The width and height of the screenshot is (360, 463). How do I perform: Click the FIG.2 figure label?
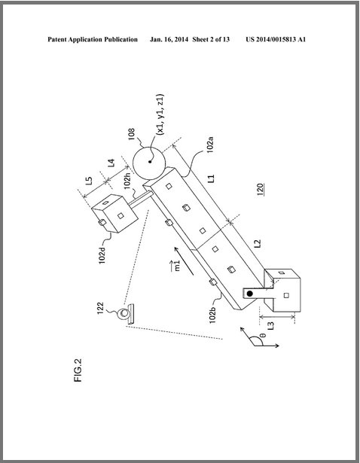pyautogui.click(x=78, y=370)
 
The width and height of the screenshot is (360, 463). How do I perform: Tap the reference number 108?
pyautogui.click(x=132, y=134)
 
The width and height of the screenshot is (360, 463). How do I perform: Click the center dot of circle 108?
pyautogui.click(x=150, y=162)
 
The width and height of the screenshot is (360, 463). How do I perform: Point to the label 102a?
pyautogui.click(x=210, y=144)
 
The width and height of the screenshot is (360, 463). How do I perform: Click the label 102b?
pyautogui.click(x=212, y=315)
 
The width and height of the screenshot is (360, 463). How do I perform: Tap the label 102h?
pyautogui.click(x=127, y=180)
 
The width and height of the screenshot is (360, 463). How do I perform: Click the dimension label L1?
pyautogui.click(x=211, y=178)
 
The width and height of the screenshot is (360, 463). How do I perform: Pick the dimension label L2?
pyautogui.click(x=258, y=243)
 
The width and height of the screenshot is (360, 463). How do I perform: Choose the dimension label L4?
pyautogui.click(x=111, y=163)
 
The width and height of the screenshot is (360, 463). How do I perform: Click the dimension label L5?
pyautogui.click(x=89, y=181)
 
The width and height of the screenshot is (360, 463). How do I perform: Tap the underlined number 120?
pyautogui.click(x=260, y=190)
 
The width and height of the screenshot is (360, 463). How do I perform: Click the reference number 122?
pyautogui.click(x=100, y=308)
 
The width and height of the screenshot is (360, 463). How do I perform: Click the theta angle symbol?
pyautogui.click(x=264, y=335)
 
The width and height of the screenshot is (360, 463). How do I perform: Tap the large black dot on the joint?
pyautogui.click(x=250, y=294)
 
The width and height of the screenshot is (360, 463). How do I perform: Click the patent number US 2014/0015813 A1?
pyautogui.click(x=276, y=40)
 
